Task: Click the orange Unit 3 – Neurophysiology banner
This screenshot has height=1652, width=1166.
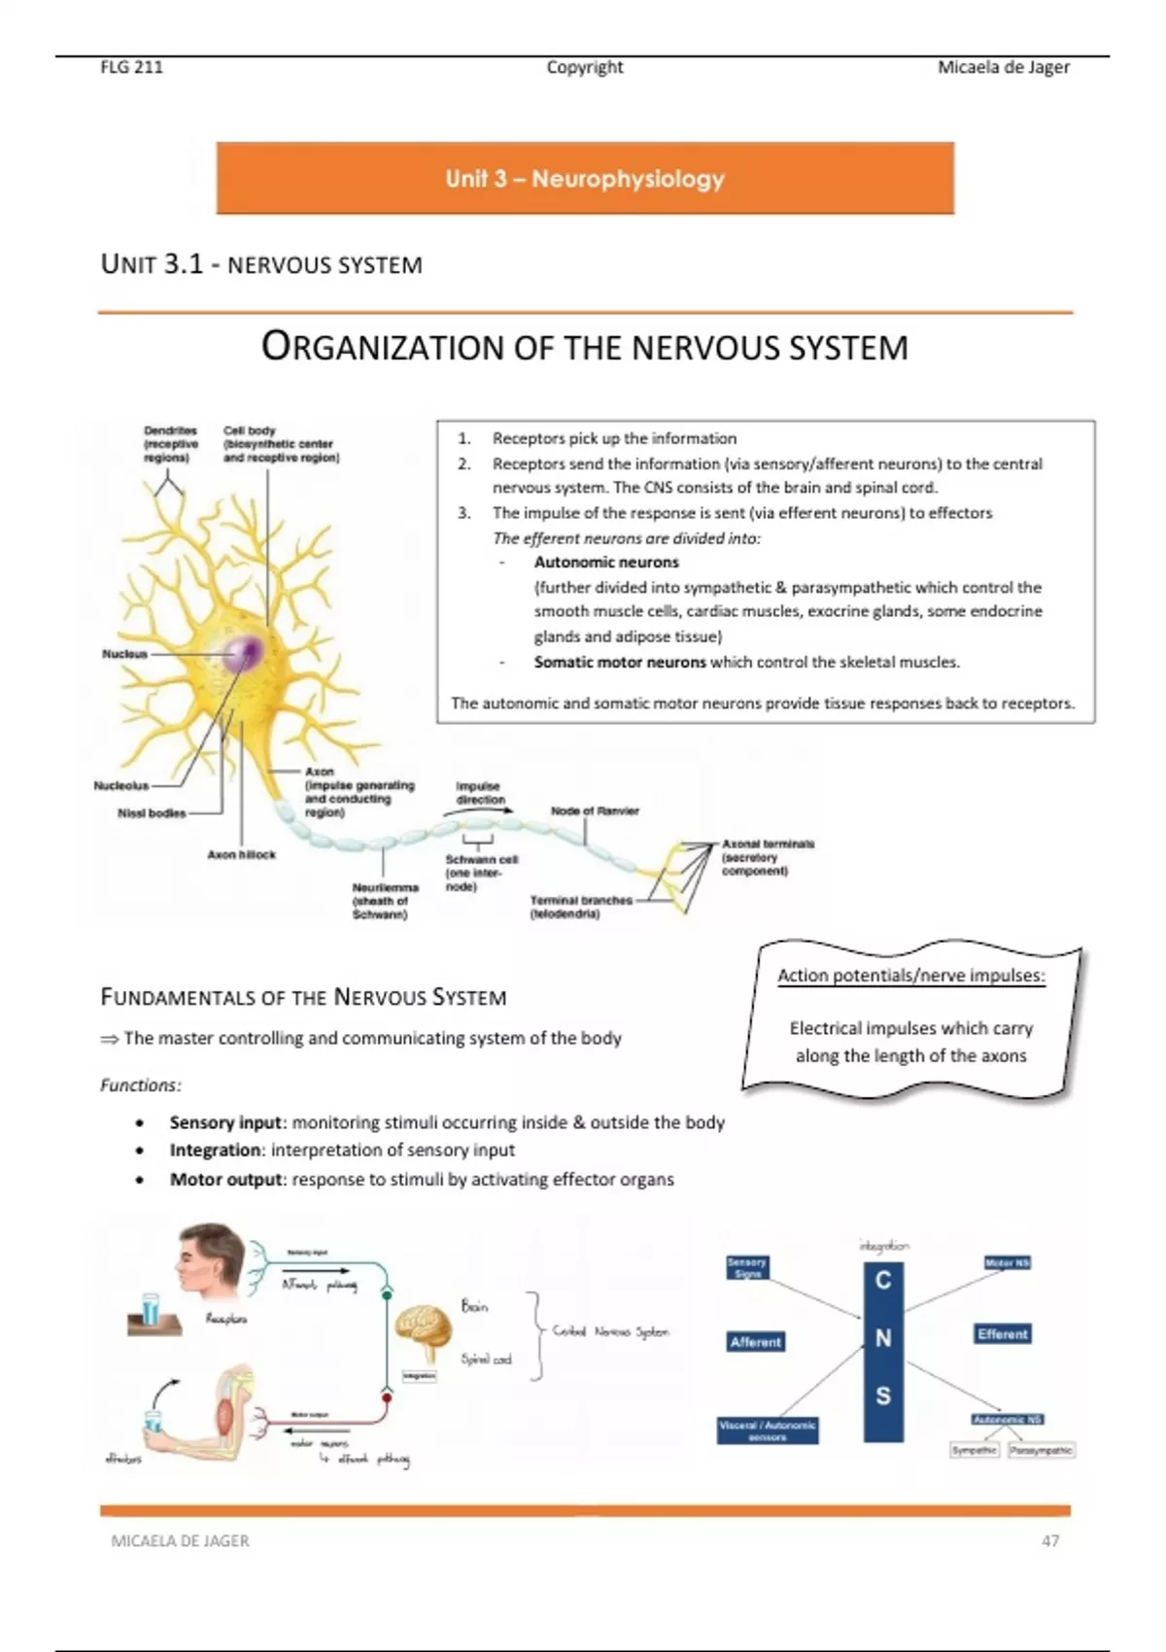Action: tap(585, 178)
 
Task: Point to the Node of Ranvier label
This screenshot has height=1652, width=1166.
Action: tap(595, 810)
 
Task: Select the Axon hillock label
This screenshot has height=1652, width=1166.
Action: tap(241, 855)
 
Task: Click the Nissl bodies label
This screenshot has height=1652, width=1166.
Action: tap(152, 813)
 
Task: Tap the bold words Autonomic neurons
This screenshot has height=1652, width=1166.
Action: tap(606, 562)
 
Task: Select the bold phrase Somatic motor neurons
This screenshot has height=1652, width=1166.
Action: tap(619, 662)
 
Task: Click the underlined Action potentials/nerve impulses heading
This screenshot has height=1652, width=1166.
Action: tap(910, 976)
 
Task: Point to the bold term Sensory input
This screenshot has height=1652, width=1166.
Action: tap(225, 1122)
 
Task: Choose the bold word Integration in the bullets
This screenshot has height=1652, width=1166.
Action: tap(217, 1151)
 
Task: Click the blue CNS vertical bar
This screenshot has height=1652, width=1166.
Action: tap(882, 1352)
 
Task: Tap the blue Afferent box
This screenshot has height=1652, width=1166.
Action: tap(755, 1342)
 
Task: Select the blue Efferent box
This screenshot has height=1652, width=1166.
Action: tap(1003, 1334)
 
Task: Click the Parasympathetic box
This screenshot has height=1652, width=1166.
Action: tap(1041, 1450)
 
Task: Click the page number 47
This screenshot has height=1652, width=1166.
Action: tap(1049, 1541)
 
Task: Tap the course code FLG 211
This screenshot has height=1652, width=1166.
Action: tap(132, 67)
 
